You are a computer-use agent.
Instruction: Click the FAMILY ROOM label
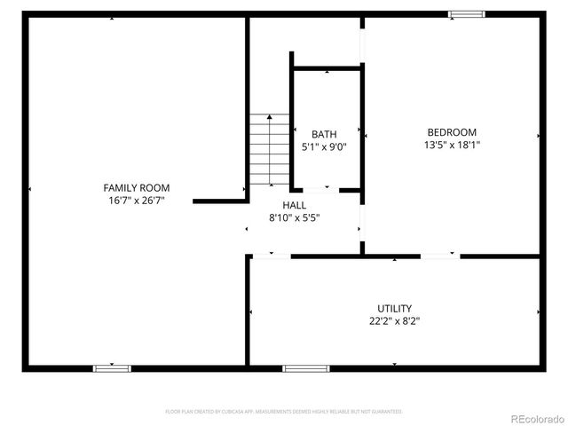(x=136, y=187)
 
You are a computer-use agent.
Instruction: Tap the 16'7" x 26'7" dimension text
(x=136, y=201)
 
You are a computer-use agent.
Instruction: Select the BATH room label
(x=323, y=134)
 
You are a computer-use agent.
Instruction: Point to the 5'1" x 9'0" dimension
(x=323, y=147)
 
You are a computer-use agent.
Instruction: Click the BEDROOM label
(x=452, y=131)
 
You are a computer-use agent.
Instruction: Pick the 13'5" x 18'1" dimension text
(x=452, y=145)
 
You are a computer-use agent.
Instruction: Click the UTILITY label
(x=393, y=308)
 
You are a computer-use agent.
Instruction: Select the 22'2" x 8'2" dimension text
(x=393, y=321)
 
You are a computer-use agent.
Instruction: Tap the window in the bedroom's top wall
(x=466, y=13)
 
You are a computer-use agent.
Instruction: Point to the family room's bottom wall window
(x=112, y=367)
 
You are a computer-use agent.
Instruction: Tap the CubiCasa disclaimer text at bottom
(x=284, y=412)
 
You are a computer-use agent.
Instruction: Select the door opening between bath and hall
(x=320, y=189)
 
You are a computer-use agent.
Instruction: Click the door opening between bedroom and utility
(x=440, y=256)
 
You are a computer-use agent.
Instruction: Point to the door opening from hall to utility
(x=272, y=256)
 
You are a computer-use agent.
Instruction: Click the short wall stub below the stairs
(x=218, y=201)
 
